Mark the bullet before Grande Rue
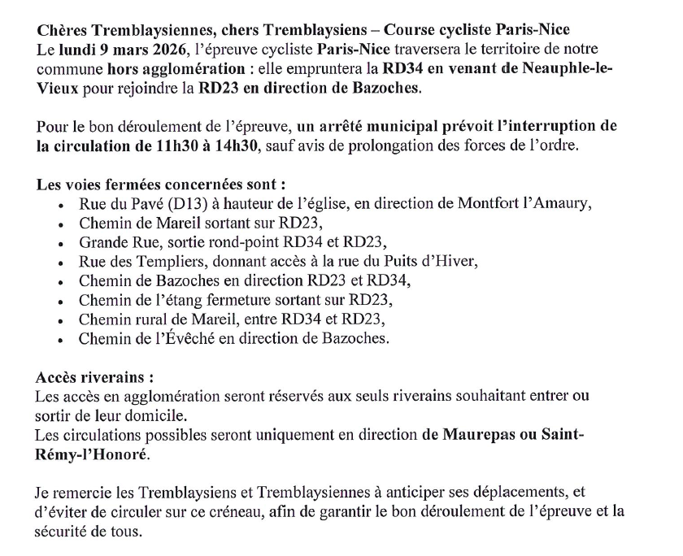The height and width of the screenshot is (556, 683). coord(62,243)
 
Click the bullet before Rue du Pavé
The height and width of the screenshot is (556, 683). coord(62,204)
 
